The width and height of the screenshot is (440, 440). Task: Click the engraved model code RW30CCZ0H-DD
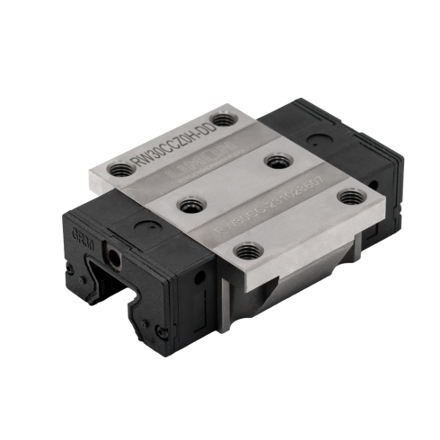coord(175,143)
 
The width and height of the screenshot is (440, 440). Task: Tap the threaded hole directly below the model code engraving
coord(187,206)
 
